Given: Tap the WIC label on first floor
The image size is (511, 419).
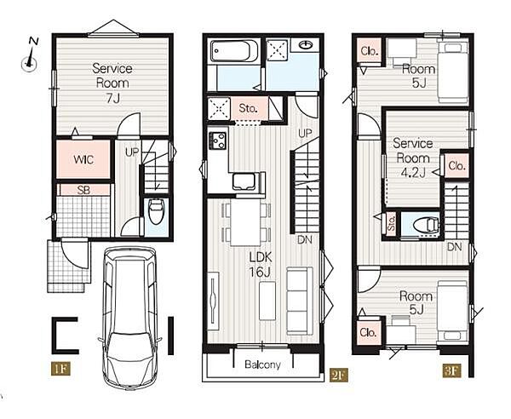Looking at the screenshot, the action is [x=83, y=159].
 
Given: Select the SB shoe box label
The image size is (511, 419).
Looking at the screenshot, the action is [x=83, y=190].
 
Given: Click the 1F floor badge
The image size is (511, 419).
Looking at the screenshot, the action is [x=60, y=369].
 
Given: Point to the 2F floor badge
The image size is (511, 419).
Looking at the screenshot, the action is [x=338, y=375].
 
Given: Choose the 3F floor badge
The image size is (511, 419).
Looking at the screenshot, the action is [x=451, y=370].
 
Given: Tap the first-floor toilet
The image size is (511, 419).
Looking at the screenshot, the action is [x=156, y=211].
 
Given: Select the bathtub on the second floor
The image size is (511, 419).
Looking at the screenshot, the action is [x=234, y=51].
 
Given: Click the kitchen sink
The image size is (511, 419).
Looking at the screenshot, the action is [x=244, y=181].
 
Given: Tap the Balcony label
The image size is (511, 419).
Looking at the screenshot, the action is [x=262, y=364].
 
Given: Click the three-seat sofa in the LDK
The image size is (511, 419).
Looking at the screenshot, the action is [x=300, y=301].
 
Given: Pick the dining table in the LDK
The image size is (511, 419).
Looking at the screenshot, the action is [x=245, y=222].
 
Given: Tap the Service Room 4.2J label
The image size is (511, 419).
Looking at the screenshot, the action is [x=412, y=158].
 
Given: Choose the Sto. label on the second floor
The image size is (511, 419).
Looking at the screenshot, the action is [x=249, y=108].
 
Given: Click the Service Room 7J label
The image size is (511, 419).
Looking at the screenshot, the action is [x=112, y=83].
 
